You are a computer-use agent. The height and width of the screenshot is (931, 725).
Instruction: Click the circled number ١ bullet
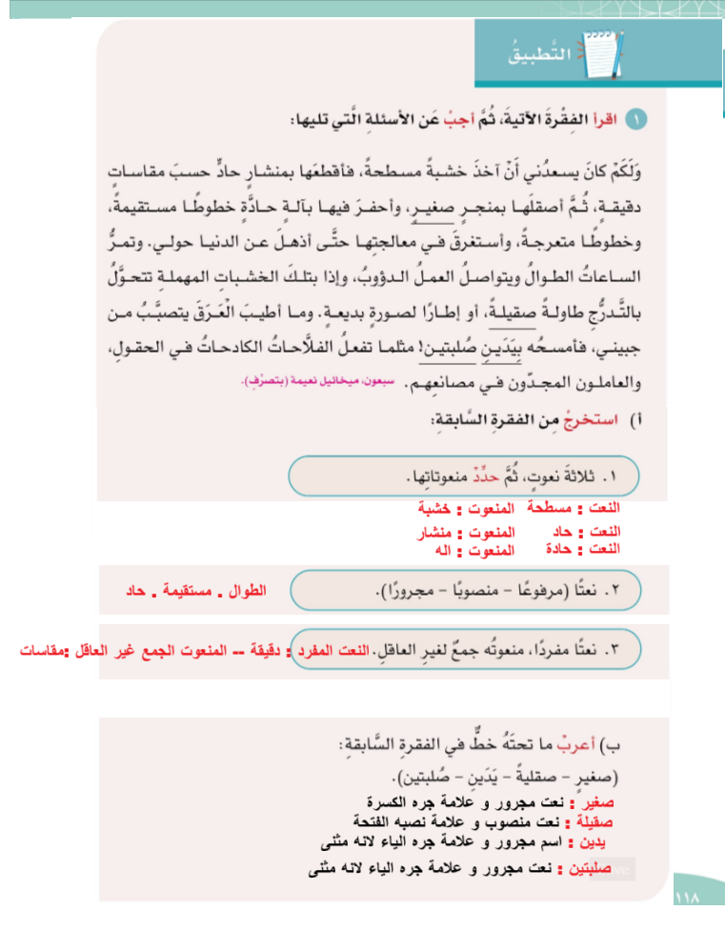[639, 120]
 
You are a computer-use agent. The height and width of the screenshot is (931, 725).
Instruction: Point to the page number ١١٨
[686, 898]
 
